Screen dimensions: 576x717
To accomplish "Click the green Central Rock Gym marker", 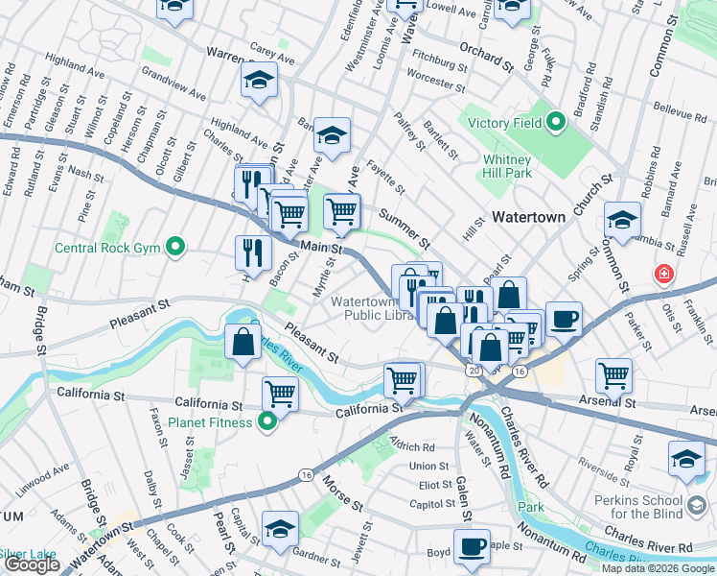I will tap(174, 249).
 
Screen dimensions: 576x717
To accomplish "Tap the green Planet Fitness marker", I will tap(269, 422).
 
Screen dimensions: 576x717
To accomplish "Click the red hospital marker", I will tap(663, 276).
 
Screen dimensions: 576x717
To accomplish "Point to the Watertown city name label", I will tap(528, 218).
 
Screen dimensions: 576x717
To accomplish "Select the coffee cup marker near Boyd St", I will tap(471, 546).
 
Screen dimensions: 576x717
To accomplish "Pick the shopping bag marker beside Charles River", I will tap(243, 342).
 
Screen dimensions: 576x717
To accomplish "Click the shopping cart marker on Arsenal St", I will tap(613, 375).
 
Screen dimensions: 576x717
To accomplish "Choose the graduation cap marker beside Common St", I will tap(621, 220).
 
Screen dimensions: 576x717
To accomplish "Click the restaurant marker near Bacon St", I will tap(250, 252).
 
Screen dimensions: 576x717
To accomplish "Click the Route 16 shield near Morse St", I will tap(306, 474).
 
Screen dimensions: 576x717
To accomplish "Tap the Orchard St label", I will tap(486, 55).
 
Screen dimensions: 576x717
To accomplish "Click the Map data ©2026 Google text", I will tap(658, 568).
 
